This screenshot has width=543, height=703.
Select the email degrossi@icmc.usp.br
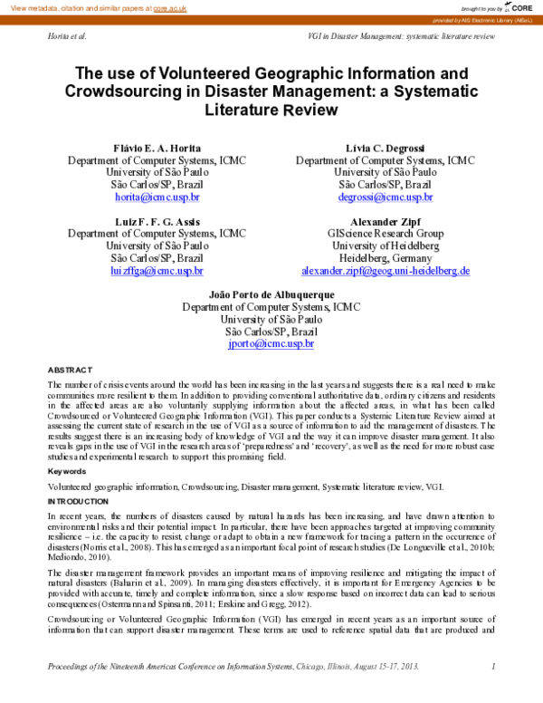click(x=385, y=197)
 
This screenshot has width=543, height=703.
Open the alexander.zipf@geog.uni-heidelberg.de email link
click(x=385, y=271)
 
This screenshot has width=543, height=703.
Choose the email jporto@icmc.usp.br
click(x=271, y=344)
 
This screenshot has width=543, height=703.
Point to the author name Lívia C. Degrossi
click(x=385, y=148)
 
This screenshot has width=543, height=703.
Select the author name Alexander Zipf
click(x=385, y=221)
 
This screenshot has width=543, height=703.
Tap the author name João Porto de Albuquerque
click(x=271, y=295)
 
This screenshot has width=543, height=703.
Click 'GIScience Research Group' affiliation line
click(x=385, y=234)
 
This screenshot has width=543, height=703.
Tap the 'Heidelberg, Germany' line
click(x=385, y=258)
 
